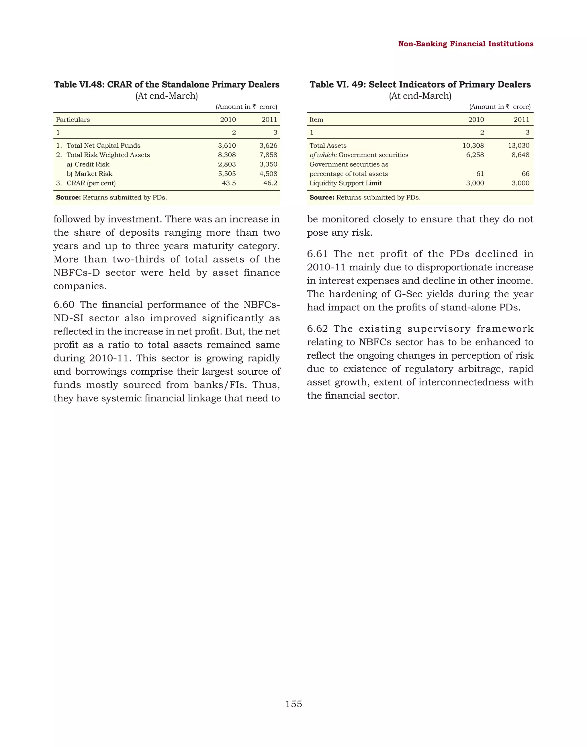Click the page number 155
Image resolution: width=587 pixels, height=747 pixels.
293,704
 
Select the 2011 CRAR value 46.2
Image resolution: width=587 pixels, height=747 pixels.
270,183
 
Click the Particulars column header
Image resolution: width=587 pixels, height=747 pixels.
73,120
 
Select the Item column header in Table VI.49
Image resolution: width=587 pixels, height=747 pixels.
316,120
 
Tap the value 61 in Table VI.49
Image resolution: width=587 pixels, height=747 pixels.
480,174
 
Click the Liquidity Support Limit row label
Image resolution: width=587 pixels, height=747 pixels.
345,183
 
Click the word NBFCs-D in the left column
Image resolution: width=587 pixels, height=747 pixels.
77,273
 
